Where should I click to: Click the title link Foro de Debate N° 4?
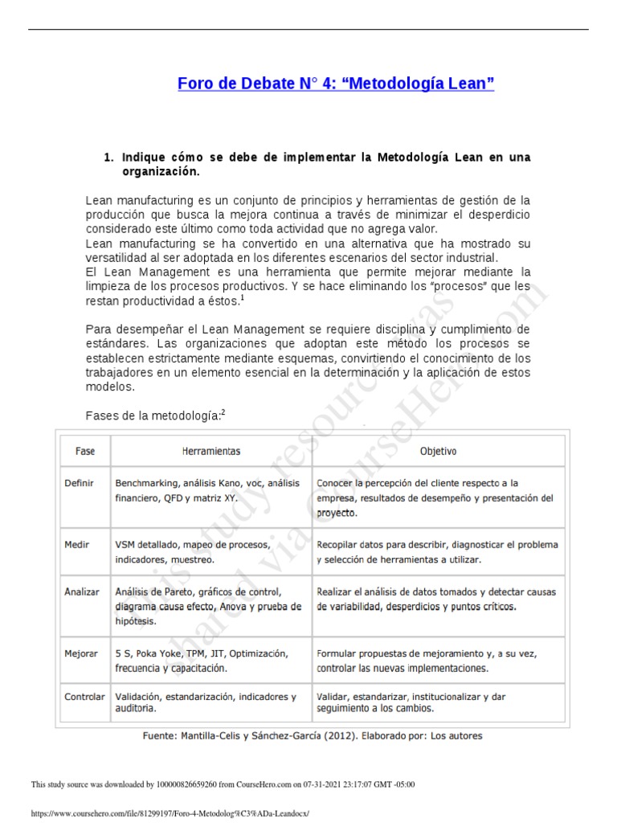(x=335, y=83)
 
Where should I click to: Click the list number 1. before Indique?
(x=109, y=158)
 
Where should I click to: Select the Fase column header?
(x=85, y=452)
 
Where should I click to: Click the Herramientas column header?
(x=210, y=452)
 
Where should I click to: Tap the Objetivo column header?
(x=438, y=452)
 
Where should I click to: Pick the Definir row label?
(x=80, y=483)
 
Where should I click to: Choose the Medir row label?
(x=77, y=544)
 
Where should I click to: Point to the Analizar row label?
(x=82, y=592)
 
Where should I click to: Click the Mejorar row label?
(x=80, y=653)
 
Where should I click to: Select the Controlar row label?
(x=84, y=696)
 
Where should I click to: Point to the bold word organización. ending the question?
(x=161, y=171)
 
